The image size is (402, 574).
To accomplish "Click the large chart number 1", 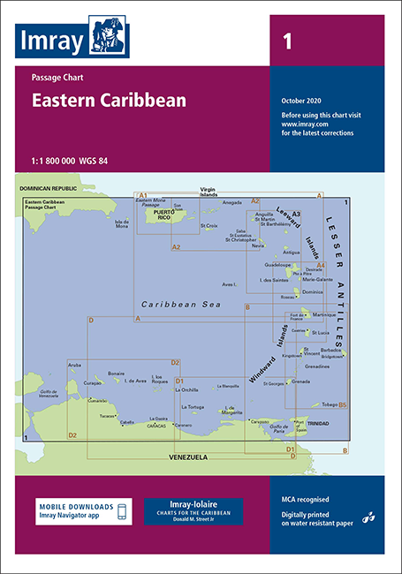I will [x=286, y=41].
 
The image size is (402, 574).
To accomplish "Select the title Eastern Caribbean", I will [x=109, y=100].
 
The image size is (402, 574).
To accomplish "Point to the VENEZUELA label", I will [x=188, y=457].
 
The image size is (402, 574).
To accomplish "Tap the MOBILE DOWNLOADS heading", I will [x=75, y=506].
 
